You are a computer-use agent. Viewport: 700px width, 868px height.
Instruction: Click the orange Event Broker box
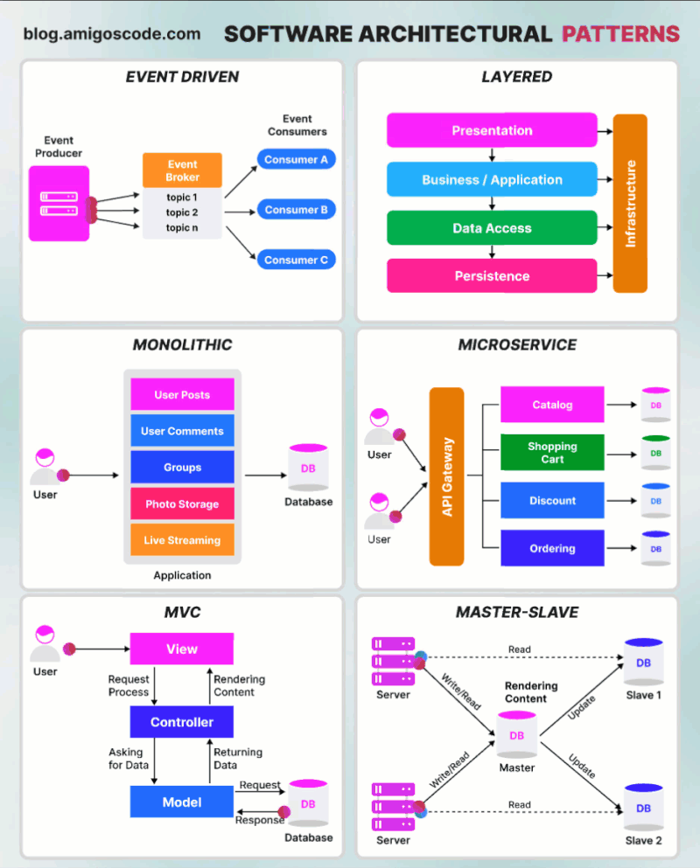(182, 170)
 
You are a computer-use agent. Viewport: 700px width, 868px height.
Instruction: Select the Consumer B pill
(296, 210)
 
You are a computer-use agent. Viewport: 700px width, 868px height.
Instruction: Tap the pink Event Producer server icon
(59, 204)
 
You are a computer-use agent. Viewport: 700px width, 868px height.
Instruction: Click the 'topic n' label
(182, 228)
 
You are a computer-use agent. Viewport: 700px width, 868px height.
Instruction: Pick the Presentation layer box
(492, 130)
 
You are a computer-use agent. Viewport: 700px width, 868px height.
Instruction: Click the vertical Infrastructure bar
(630, 203)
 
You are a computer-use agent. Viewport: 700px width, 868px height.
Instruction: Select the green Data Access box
(492, 228)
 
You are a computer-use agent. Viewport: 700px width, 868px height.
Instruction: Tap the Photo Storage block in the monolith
(182, 504)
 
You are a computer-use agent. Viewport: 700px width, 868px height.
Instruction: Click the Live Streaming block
(182, 540)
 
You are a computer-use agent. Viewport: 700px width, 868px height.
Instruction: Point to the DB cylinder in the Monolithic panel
(308, 469)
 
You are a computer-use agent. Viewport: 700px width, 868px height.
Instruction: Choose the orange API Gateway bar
(446, 476)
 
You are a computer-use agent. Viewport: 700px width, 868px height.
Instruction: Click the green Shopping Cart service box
(552, 453)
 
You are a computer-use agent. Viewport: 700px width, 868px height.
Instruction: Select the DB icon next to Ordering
(655, 548)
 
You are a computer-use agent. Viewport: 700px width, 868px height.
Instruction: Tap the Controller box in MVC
(182, 722)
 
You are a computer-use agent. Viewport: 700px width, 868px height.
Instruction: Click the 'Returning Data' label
(238, 758)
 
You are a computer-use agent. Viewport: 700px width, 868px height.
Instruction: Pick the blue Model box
(182, 802)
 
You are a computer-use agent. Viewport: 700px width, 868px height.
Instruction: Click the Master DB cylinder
(517, 735)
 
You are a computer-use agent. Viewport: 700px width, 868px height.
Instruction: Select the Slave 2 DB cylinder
(643, 809)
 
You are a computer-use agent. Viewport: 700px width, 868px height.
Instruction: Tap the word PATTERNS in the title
(620, 34)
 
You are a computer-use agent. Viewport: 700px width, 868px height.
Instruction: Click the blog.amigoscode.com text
(111, 34)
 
